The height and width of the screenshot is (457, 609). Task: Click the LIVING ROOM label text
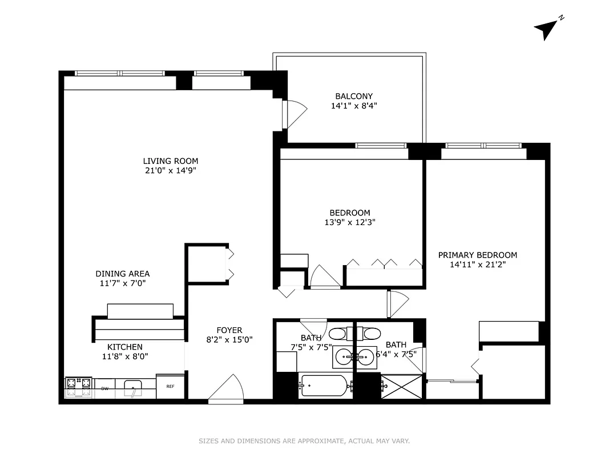[171, 161]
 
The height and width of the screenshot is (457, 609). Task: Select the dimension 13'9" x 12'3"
[350, 222]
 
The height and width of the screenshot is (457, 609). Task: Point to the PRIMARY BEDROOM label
[478, 255]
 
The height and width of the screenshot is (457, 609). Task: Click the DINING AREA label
[123, 274]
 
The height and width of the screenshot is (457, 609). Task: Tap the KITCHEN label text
[125, 347]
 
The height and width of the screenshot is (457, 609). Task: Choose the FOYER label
[229, 330]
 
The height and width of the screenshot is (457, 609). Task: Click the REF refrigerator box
[170, 386]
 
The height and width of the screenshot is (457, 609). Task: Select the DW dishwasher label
[105, 389]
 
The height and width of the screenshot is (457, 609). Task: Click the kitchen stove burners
[79, 387]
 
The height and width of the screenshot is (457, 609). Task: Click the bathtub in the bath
[323, 386]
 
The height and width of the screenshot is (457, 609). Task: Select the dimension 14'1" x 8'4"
[354, 106]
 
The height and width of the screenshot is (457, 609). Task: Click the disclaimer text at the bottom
[304, 441]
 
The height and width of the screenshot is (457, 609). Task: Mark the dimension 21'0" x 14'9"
[171, 170]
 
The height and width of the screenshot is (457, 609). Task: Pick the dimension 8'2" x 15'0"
[229, 339]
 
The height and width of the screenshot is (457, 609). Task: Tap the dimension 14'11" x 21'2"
[478, 264]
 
